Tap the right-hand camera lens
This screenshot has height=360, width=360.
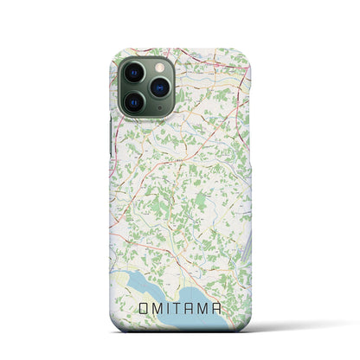(162, 87)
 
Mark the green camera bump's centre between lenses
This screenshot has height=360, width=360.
(148, 87)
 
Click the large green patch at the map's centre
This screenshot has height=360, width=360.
(200, 178)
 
